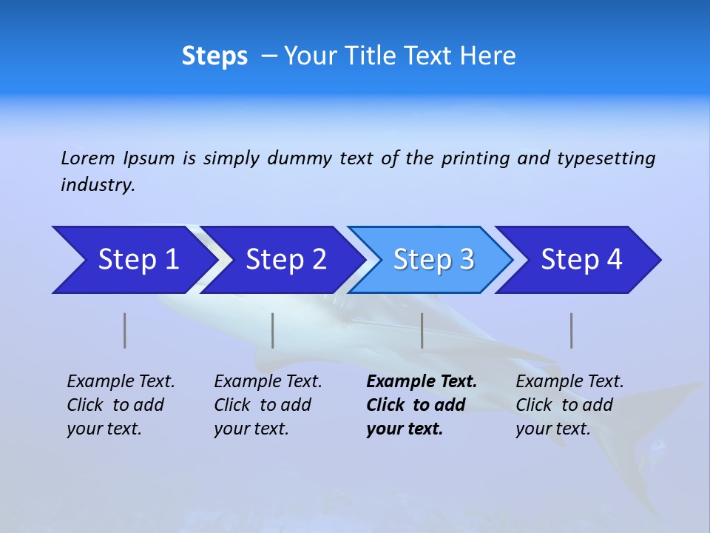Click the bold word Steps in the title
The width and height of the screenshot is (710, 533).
click(214, 56)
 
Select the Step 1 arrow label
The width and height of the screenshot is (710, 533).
click(139, 260)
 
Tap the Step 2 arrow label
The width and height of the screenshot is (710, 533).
click(286, 260)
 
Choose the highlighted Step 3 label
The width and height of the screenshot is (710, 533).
click(433, 260)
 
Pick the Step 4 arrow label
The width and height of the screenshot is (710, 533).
click(581, 260)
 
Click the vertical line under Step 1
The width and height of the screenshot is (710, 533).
click(125, 330)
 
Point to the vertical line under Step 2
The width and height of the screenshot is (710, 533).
click(273, 330)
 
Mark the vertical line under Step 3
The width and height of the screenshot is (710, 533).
click(422, 330)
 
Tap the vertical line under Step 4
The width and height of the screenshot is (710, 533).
click(572, 330)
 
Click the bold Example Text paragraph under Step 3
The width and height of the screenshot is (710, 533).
click(422, 405)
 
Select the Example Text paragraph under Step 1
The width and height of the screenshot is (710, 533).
click(121, 405)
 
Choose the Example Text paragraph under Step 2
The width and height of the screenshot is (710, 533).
click(268, 405)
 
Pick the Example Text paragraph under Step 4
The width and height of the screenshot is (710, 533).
click(569, 405)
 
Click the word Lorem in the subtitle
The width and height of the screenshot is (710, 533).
click(88, 158)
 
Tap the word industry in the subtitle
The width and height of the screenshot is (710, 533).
click(98, 185)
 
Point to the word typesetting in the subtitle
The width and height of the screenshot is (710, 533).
click(606, 158)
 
